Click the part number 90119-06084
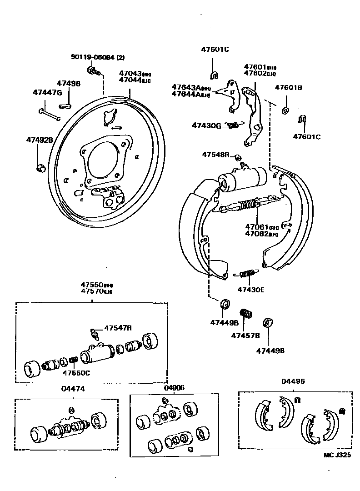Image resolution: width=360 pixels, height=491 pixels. [x=93, y=57]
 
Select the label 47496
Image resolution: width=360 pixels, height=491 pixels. [x=68, y=84]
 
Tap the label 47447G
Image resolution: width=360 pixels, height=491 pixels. [x=47, y=93]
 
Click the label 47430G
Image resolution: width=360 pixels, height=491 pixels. [x=206, y=125]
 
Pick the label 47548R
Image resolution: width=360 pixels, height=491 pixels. [x=216, y=155]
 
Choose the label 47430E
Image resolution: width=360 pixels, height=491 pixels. [x=250, y=289]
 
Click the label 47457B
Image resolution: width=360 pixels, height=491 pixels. [x=245, y=336]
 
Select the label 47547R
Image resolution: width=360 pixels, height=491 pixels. [x=118, y=327]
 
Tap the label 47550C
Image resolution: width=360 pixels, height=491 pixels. [x=76, y=373]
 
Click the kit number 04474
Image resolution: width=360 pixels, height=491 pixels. [x=73, y=389]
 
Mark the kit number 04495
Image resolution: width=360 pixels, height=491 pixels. [x=293, y=381]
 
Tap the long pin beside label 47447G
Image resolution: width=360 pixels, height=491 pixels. [x=50, y=114]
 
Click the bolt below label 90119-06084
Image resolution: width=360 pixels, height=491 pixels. [x=93, y=71]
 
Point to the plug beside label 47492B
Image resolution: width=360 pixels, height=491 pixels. [x=40, y=167]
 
